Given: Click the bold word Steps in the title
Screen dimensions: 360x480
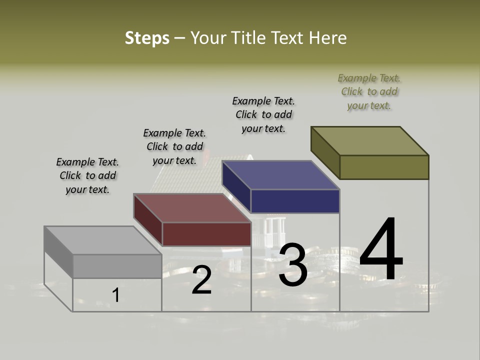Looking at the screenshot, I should click(147, 38).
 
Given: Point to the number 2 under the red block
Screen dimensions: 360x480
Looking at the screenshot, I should click(201, 280).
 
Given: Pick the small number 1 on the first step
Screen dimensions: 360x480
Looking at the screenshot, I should click(116, 295).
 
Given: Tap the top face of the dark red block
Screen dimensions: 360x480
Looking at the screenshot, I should click(192, 208).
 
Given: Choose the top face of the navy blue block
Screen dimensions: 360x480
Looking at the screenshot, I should click(280, 175).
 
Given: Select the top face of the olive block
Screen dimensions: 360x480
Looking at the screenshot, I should click(369, 141).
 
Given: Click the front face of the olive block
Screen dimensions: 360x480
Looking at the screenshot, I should click(384, 167).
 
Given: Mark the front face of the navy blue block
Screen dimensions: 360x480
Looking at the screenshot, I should click(295, 201).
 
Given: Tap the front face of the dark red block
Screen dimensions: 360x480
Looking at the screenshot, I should click(206, 234).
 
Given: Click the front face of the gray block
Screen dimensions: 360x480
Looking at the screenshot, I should click(117, 266).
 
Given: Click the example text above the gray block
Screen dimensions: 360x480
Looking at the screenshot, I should click(87, 176).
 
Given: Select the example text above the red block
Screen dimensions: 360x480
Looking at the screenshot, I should click(174, 147).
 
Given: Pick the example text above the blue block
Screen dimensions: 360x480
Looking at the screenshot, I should click(263, 114).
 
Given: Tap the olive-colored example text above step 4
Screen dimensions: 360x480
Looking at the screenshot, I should click(369, 91).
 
